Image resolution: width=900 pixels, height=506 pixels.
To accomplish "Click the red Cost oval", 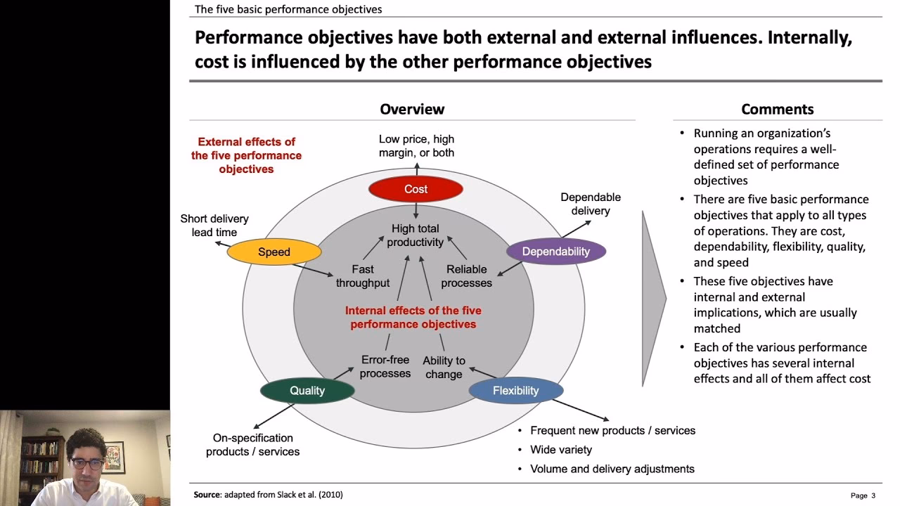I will (416, 189).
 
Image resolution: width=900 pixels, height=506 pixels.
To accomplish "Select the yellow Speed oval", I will (274, 252).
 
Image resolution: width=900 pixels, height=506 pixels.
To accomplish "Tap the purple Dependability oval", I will (555, 252).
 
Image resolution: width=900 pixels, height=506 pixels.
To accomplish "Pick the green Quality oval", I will (307, 391).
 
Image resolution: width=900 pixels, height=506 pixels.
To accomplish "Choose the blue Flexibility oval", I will (515, 391).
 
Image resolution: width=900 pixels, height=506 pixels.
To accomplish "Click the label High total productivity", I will (416, 235).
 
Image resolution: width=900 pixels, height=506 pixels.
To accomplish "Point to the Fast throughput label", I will (362, 276).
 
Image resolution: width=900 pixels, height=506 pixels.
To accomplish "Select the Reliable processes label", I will (466, 276).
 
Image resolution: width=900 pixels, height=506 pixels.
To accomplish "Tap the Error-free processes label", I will (385, 367).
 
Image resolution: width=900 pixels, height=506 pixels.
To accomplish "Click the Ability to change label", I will (444, 368).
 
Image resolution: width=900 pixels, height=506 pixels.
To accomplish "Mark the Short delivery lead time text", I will (214, 226).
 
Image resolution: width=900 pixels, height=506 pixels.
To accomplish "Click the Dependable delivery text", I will (591, 204).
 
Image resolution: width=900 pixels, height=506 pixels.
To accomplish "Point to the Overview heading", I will (412, 109).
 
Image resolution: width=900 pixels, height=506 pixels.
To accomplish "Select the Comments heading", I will (777, 109).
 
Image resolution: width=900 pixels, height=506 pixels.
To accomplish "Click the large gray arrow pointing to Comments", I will (653, 299).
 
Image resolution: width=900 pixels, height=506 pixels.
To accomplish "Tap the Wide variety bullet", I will (560, 450).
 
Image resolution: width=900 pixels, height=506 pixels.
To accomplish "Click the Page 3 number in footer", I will (863, 495).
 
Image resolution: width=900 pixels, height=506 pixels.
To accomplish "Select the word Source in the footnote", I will (207, 495).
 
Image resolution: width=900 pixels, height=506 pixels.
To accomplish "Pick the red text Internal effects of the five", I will (413, 311).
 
